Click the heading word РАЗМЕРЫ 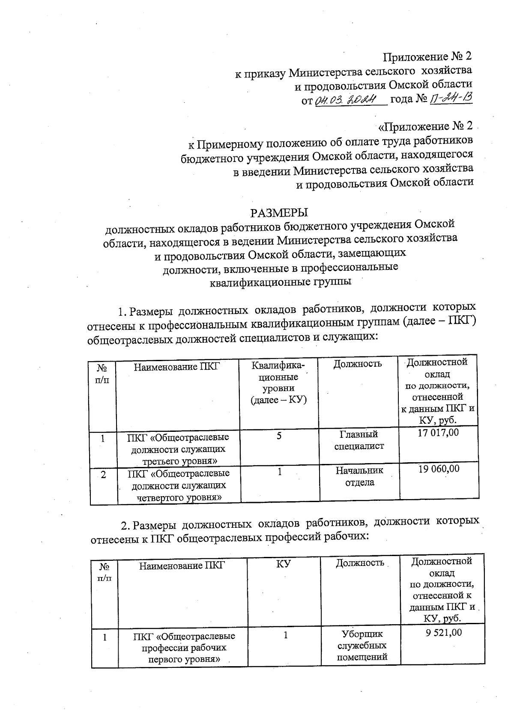pyautogui.click(x=279, y=212)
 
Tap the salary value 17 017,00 pyautogui.click(x=438, y=433)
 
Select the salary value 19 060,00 pyautogui.click(x=439, y=469)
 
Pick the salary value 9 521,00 pyautogui.click(x=443, y=632)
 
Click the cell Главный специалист pyautogui.click(x=359, y=440)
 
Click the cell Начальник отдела pyautogui.click(x=359, y=476)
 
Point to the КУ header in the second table pyautogui.click(x=284, y=565)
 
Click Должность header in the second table pyautogui.click(x=359, y=563)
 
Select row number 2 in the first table pyautogui.click(x=103, y=475)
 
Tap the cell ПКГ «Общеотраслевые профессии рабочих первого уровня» pyautogui.click(x=184, y=647)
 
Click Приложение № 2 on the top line pyautogui.click(x=428, y=57)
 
